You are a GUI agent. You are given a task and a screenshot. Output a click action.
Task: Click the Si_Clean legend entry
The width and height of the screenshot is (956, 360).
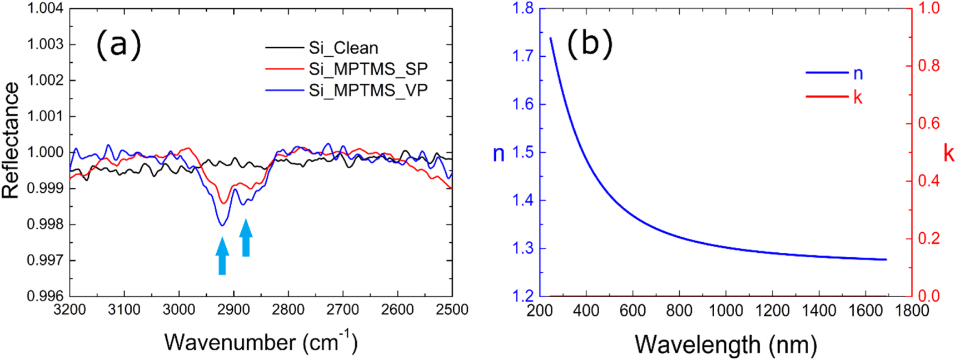[343, 48]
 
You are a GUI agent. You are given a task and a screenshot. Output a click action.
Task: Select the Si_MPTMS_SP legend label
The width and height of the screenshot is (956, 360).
[368, 69]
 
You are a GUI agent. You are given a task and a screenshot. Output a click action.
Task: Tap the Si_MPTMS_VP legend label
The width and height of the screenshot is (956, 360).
[368, 90]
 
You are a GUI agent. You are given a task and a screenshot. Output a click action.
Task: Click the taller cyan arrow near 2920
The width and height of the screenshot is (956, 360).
[222, 256]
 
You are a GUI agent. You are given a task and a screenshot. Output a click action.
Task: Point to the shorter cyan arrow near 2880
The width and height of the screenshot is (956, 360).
[246, 238]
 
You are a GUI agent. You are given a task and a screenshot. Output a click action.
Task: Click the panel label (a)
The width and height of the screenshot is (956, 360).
[118, 44]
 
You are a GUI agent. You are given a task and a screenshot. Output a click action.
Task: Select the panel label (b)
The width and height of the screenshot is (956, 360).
[589, 44]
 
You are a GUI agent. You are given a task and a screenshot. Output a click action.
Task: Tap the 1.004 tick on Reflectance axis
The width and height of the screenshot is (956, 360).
[46, 8]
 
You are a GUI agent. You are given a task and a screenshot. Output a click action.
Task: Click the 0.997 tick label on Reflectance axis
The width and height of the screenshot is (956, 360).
[46, 260]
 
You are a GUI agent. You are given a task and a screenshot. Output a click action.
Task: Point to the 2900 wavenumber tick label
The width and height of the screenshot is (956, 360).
[233, 309]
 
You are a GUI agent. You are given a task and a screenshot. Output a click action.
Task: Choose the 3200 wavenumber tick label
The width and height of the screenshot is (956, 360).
[69, 309]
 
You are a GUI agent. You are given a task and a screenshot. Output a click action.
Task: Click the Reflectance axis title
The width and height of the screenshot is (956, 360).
[11, 140]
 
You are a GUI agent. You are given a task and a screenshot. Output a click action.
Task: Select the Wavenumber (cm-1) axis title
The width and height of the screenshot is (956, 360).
[260, 342]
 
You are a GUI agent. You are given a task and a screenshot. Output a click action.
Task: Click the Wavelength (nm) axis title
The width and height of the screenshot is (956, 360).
[725, 344]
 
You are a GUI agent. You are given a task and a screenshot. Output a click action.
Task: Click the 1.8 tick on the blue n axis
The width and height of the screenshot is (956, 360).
[522, 8]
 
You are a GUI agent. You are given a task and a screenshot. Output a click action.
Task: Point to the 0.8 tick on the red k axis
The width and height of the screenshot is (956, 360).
[928, 66]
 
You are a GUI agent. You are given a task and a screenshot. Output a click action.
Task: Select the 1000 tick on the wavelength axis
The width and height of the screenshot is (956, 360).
[725, 310]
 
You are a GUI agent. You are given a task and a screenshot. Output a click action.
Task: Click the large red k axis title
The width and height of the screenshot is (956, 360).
[948, 153]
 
